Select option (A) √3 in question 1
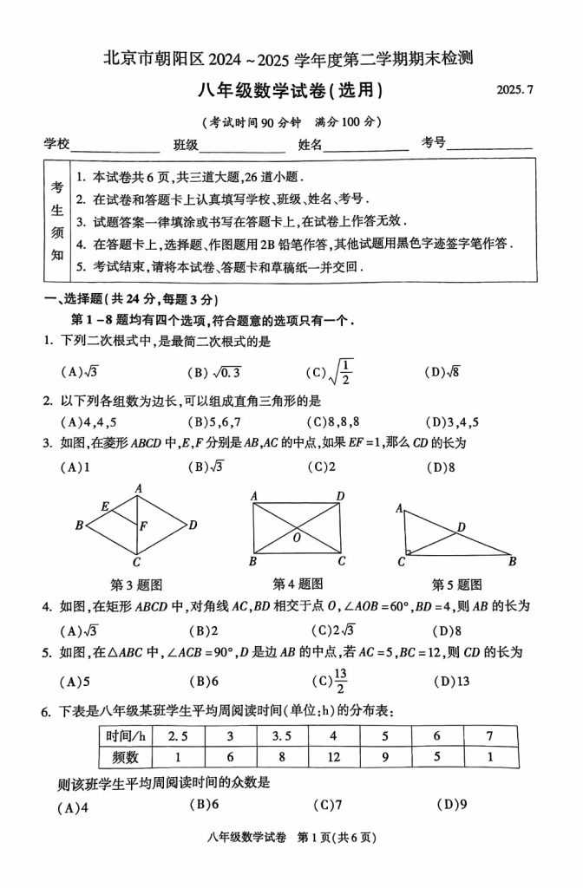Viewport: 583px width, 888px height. (79, 373)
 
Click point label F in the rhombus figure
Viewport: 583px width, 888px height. (143, 526)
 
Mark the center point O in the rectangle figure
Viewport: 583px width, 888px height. (297, 538)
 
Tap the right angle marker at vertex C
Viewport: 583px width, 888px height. (408, 552)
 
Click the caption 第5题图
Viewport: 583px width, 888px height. (457, 584)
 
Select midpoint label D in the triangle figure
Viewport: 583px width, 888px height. (462, 526)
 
